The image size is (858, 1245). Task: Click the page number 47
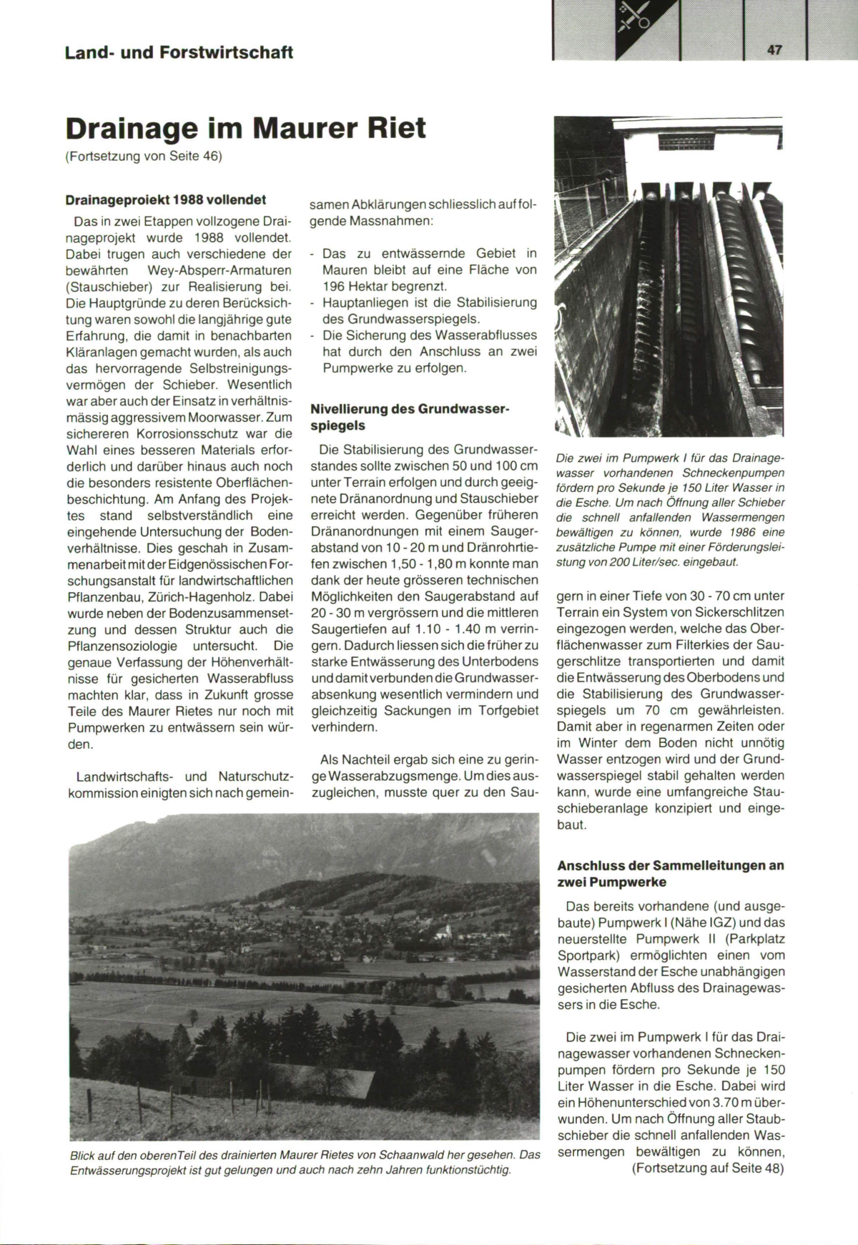pos(774,49)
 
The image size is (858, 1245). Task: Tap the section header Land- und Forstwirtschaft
pos(179,52)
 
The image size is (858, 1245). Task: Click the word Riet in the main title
pos(396,128)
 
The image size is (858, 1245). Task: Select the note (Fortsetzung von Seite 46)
pos(144,156)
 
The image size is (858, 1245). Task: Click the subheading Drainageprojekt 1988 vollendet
pos(166,200)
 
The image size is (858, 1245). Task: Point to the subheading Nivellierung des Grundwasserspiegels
pos(410,417)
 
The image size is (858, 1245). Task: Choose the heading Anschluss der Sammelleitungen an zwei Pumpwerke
pos(670,873)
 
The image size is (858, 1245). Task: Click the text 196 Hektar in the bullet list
pos(357,286)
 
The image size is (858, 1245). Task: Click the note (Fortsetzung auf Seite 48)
pos(708,1168)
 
